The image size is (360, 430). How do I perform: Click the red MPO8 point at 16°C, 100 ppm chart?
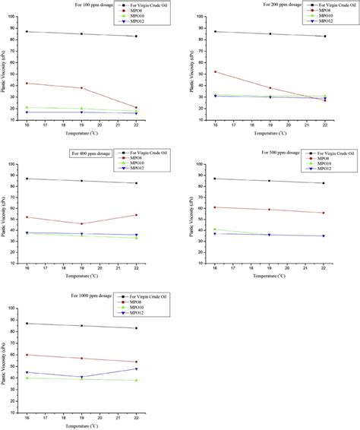point(27,83)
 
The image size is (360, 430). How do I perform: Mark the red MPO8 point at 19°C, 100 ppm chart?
point(81,88)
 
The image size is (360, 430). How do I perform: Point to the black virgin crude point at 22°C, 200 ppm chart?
point(325,36)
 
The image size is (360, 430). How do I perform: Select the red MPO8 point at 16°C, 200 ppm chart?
point(216,71)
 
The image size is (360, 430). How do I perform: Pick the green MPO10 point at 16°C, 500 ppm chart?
point(216,229)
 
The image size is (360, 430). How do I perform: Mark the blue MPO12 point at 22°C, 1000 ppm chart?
point(136,368)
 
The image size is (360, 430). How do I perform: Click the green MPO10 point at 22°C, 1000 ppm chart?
point(136,380)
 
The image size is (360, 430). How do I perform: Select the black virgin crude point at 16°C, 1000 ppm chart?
point(27,324)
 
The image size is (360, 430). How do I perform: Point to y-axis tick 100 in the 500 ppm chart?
point(207,164)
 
